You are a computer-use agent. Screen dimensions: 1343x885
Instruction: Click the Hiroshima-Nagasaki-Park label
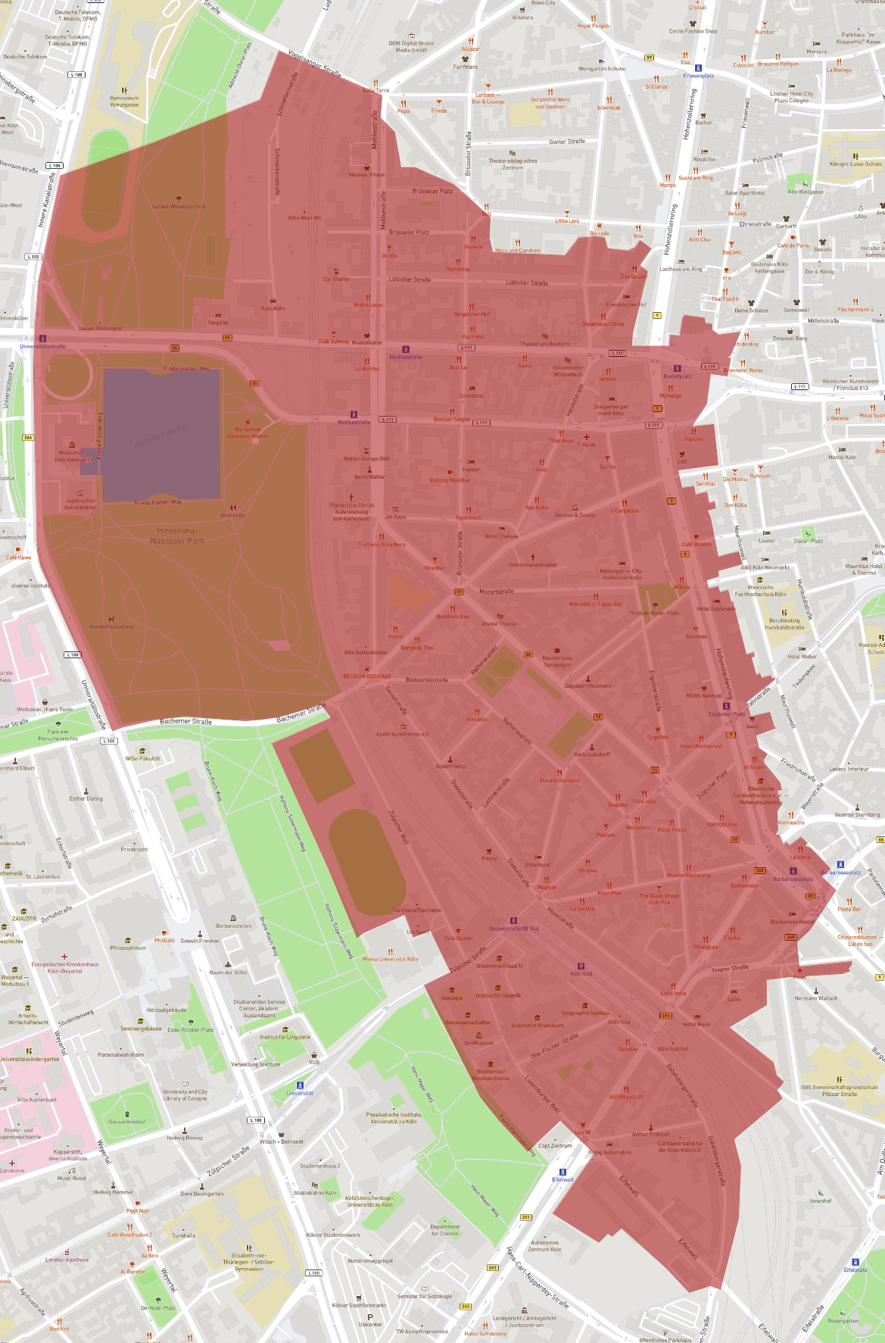[x=176, y=536]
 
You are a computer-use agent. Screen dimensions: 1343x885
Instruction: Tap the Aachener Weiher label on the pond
[x=161, y=435]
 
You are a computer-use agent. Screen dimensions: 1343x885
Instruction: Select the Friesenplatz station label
[x=698, y=76]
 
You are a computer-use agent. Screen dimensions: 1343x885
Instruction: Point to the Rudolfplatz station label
[x=678, y=376]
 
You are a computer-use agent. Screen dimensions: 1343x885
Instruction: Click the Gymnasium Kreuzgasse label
[x=124, y=102]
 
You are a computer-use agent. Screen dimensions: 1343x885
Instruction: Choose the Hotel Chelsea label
[x=501, y=536]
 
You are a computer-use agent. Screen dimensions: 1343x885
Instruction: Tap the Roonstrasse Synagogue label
[x=557, y=661]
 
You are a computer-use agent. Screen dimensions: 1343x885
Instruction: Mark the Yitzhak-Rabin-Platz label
[x=655, y=613]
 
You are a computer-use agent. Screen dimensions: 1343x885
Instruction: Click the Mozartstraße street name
[x=497, y=592]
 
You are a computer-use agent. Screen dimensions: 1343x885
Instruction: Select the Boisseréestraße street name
[x=427, y=679]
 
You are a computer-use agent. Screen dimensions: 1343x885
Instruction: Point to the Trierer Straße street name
[x=730, y=969]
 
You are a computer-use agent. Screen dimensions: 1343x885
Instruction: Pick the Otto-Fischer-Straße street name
[x=554, y=1046]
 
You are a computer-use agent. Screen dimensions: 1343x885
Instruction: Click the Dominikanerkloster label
[x=533, y=564]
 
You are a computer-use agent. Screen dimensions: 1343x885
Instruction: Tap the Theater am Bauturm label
[x=545, y=344]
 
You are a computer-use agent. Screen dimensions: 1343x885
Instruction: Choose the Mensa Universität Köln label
[x=390, y=959]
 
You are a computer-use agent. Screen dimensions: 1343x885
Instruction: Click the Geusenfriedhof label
[x=126, y=1121]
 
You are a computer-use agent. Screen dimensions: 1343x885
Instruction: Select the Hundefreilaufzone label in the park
[x=111, y=626]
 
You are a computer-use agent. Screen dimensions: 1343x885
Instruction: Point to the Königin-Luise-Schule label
[x=855, y=164]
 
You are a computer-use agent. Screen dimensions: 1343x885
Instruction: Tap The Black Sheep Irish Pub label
[x=659, y=898]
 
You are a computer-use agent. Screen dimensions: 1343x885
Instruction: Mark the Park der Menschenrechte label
[x=58, y=735]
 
